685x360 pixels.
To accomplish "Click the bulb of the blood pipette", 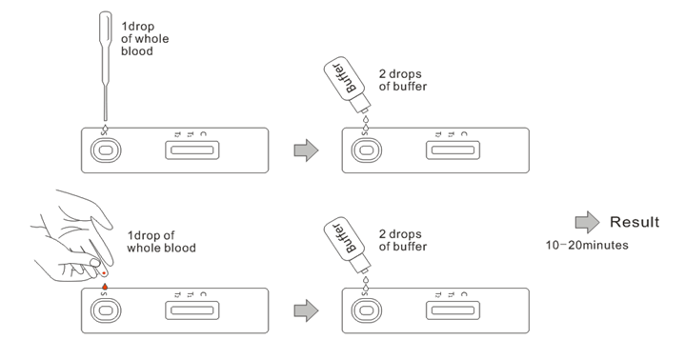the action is tap(106, 27).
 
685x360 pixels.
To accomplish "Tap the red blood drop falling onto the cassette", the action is tap(105, 287).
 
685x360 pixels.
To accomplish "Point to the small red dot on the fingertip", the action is tap(104, 273).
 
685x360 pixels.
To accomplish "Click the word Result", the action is tap(635, 222).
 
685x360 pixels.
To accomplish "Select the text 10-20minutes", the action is tap(587, 245).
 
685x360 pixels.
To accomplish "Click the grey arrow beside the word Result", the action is tap(587, 222).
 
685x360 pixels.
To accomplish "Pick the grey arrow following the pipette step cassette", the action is tap(306, 150).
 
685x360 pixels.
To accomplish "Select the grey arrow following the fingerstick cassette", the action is tap(306, 310).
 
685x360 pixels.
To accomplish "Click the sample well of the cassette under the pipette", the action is tap(106, 150).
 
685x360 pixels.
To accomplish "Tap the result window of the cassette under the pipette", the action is tap(192, 150).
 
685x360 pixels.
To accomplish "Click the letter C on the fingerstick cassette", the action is tap(203, 294).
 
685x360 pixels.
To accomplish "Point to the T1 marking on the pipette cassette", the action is tap(190, 134).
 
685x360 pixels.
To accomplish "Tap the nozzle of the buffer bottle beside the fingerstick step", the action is tap(363, 266).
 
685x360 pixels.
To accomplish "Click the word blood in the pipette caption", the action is tap(137, 51).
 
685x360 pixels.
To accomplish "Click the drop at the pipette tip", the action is tap(105, 128).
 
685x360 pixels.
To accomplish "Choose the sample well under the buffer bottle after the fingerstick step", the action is tap(367, 311).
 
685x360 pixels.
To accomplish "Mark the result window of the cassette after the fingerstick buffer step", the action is tap(453, 311).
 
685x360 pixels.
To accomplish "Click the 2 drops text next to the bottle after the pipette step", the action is tap(400, 74).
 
